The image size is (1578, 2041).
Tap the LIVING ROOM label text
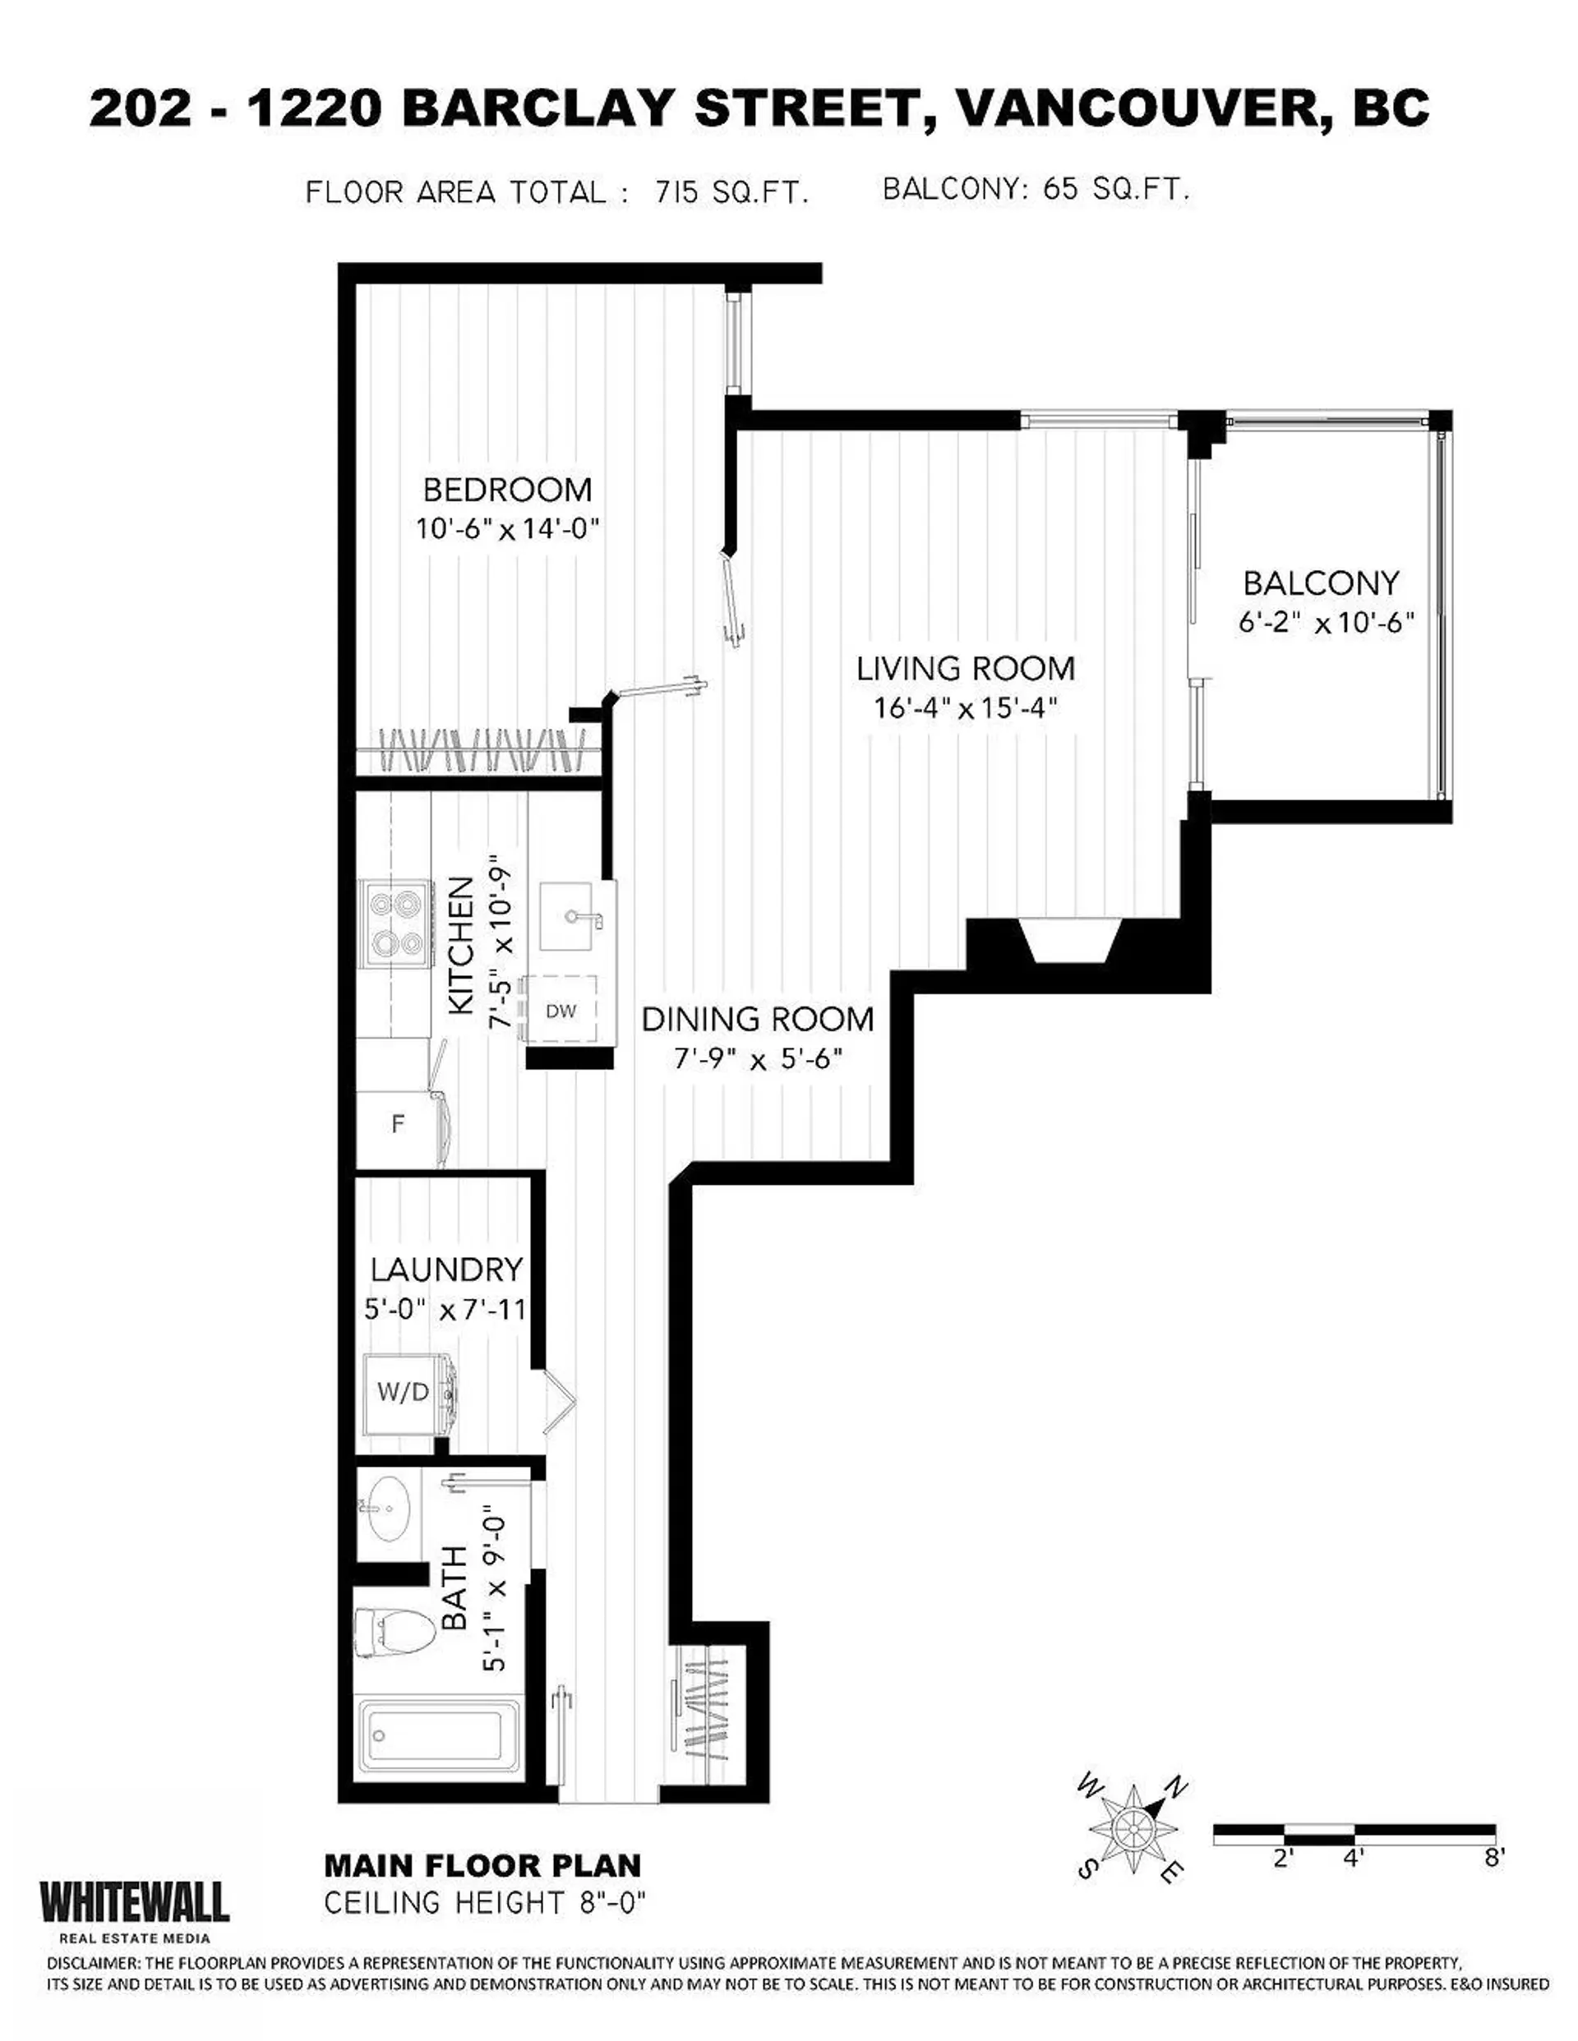pyautogui.click(x=966, y=669)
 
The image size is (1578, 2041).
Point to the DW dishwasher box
pyautogui.click(x=561, y=1010)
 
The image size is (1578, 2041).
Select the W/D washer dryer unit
pyautogui.click(x=404, y=1393)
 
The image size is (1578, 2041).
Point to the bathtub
pyautogui.click(x=440, y=1736)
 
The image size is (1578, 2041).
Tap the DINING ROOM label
pyautogui.click(x=757, y=1019)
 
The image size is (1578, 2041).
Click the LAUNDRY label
pyautogui.click(x=446, y=1269)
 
